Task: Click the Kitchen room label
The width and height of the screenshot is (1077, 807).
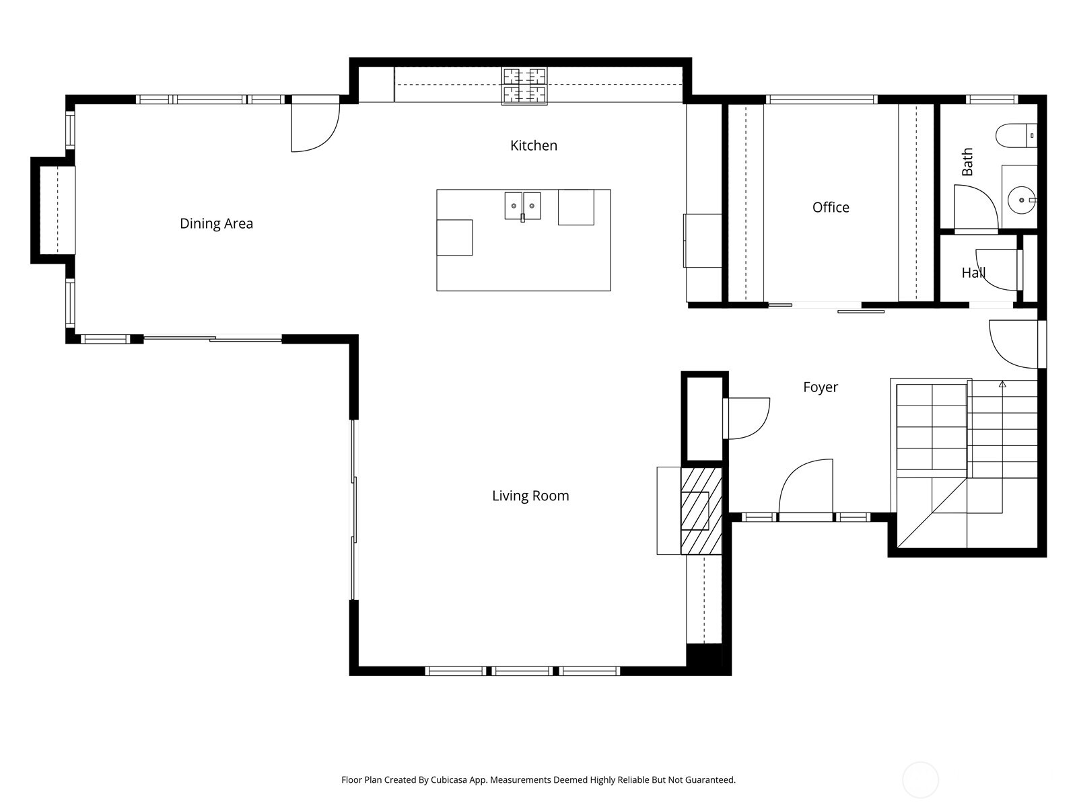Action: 533,145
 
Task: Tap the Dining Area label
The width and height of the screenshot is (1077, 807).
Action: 216,223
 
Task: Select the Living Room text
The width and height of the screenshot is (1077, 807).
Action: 530,496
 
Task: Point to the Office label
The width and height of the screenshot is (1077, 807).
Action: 831,207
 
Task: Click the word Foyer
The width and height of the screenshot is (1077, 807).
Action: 821,387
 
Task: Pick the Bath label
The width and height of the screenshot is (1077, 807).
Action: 967,162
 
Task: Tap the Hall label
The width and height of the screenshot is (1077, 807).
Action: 973,272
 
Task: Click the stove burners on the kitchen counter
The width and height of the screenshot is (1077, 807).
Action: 524,86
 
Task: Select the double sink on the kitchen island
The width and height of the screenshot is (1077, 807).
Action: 523,205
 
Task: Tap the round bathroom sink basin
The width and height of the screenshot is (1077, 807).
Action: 1021,200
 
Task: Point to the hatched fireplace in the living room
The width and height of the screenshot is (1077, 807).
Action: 701,511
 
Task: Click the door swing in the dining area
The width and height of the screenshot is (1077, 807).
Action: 313,126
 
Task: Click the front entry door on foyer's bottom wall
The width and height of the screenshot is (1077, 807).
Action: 806,488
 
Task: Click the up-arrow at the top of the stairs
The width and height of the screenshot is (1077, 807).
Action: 1002,384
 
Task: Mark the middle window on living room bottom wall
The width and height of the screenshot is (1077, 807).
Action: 522,670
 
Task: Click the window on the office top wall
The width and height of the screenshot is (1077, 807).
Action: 821,100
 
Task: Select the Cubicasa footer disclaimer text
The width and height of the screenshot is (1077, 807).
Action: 538,780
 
